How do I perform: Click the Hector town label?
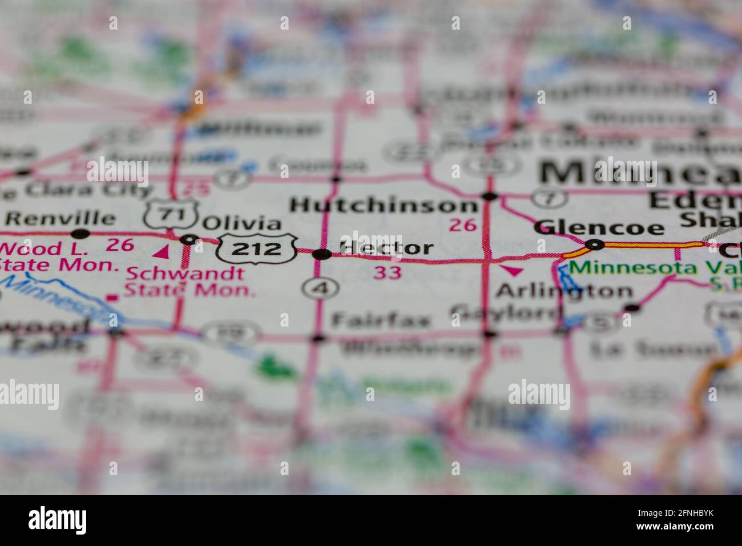click(386, 248)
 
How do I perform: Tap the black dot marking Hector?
click(321, 254)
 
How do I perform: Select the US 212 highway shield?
click(257, 248)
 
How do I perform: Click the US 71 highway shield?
click(171, 215)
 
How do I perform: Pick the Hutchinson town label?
click(383, 205)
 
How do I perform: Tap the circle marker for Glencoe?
click(595, 245)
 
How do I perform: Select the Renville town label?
click(60, 218)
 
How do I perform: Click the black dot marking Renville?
click(80, 233)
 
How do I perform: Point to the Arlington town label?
click(564, 291)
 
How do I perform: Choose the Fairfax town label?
click(381, 320)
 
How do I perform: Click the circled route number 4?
click(321, 288)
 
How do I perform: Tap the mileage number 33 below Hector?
click(388, 272)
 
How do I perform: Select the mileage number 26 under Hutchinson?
click(462, 225)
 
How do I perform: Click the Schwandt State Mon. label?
click(189, 282)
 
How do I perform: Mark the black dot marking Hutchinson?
click(489, 197)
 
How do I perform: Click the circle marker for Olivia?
click(189, 240)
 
